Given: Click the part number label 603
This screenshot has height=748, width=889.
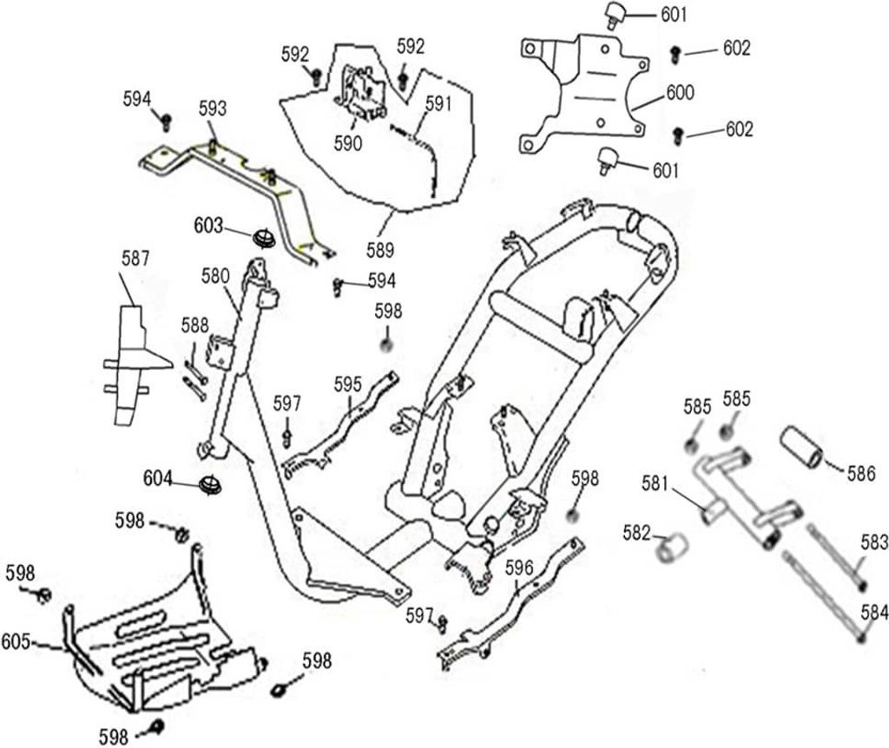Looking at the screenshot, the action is click(208, 226).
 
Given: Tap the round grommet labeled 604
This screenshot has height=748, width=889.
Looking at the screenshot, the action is click(210, 486).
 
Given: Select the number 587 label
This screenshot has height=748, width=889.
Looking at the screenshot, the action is click(135, 259).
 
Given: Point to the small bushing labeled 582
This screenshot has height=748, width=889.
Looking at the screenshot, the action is click(672, 547).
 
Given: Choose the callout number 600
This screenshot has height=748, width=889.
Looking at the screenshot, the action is click(680, 92).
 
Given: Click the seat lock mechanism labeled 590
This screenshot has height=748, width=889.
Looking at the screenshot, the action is click(359, 92).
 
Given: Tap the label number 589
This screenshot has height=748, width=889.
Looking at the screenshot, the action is click(380, 250).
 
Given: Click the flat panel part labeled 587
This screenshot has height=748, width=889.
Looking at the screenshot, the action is click(133, 365).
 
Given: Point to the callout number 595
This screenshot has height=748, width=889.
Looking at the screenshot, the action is click(347, 384).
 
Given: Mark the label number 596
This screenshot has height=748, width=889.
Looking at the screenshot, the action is click(519, 568).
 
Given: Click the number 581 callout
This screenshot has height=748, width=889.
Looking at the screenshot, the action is click(656, 483).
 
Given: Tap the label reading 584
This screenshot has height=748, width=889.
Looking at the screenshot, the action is click(874, 612).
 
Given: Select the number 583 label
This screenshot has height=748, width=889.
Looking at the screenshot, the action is click(874, 542).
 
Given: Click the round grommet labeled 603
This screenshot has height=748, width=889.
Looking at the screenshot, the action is click(264, 238).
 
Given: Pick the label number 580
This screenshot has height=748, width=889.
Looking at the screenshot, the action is click(215, 276).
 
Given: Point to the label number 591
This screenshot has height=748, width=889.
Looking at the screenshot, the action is click(438, 104).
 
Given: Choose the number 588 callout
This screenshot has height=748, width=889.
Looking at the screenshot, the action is click(195, 325).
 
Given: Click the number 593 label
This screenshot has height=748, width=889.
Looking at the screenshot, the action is click(213, 108).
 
